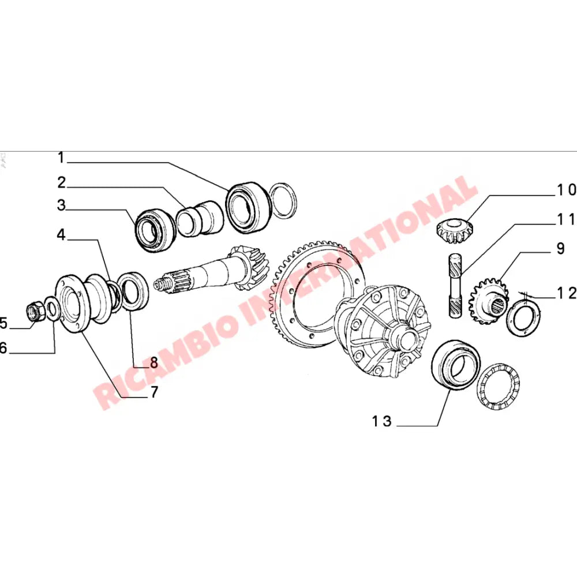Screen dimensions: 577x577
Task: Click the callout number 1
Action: (x=61, y=158)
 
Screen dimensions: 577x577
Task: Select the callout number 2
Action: (x=61, y=183)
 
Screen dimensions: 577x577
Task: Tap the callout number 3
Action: (x=61, y=205)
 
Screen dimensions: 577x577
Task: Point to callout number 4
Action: (x=62, y=235)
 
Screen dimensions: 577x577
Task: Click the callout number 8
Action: (x=154, y=362)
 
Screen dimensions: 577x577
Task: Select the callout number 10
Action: (x=566, y=189)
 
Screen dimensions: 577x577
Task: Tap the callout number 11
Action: (x=566, y=219)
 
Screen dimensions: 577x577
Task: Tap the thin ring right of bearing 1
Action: (x=283, y=201)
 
